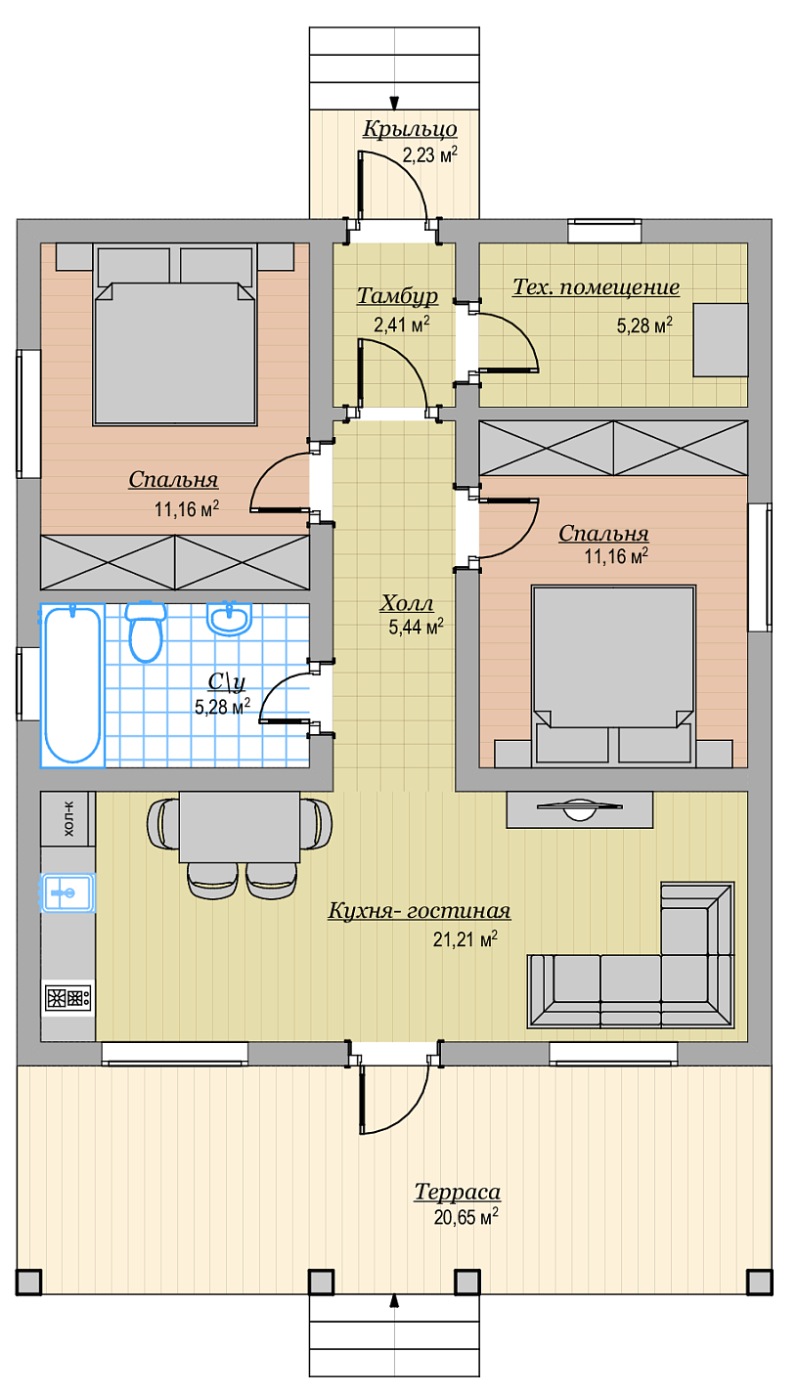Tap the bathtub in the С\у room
[x=72, y=685]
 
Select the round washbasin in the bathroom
[x=229, y=619]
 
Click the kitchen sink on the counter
[x=67, y=892]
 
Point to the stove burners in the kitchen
[x=67, y=998]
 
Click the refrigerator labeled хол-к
[x=67, y=818]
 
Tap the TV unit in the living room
[x=579, y=809]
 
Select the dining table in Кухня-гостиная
[x=240, y=827]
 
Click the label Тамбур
[x=397, y=296]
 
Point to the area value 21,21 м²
[x=465, y=939]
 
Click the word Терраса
[x=458, y=1192]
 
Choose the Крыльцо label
[x=410, y=129]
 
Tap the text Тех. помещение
[x=596, y=287]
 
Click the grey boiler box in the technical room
[x=721, y=339]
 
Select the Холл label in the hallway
[x=407, y=603]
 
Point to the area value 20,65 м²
[x=466, y=1217]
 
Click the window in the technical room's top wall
[x=604, y=231]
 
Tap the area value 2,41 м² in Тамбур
[x=402, y=325]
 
